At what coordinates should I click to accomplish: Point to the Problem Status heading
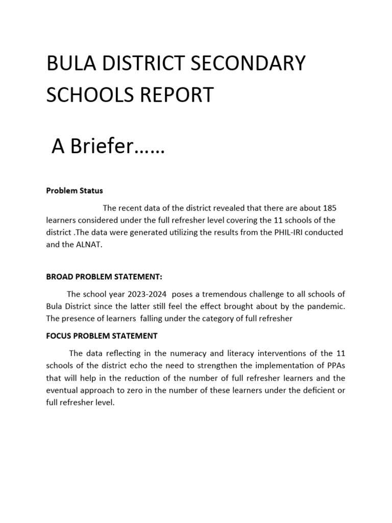[75, 191]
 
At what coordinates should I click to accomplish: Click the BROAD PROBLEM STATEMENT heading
[104, 276]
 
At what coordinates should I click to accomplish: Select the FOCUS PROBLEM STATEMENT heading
[102, 336]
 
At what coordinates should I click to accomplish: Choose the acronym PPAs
[334, 366]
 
